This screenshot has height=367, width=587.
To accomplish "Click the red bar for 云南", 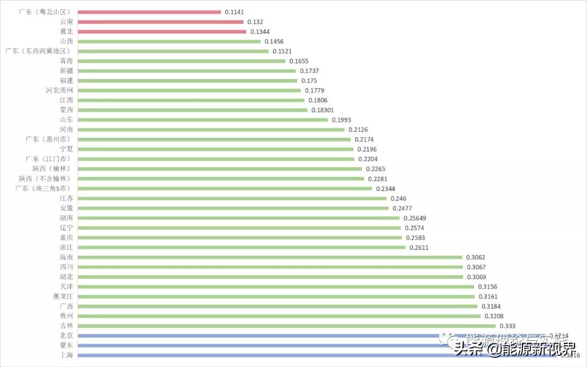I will (x=160, y=22).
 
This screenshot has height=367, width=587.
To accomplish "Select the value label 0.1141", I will (x=235, y=12).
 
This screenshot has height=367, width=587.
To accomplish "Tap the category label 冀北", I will (x=67, y=32).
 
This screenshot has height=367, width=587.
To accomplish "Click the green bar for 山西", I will (x=169, y=41).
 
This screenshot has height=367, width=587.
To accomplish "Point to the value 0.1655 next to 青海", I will (x=299, y=61).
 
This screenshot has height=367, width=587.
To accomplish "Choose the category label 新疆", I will (x=67, y=71).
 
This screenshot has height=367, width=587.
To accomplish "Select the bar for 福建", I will (x=188, y=81).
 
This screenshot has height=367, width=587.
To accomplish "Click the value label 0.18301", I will (x=323, y=110).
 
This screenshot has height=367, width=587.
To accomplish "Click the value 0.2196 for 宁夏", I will (x=367, y=149).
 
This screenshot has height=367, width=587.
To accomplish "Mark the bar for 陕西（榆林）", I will (x=220, y=169).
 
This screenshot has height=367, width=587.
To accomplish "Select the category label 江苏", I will (x=67, y=198).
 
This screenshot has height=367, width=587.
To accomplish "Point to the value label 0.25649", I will (x=415, y=218).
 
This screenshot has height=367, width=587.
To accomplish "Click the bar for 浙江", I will (x=242, y=247).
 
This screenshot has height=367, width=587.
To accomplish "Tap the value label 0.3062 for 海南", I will (x=476, y=257).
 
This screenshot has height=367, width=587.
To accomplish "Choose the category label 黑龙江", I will (x=63, y=296).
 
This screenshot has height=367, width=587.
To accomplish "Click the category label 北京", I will (x=67, y=335).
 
